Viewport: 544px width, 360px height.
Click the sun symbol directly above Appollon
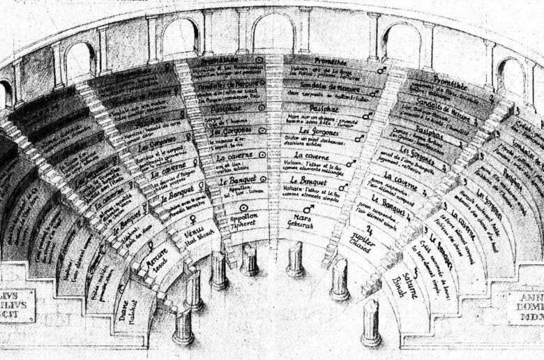pos(244,207)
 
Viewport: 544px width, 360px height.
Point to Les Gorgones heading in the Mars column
pos(313,130)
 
